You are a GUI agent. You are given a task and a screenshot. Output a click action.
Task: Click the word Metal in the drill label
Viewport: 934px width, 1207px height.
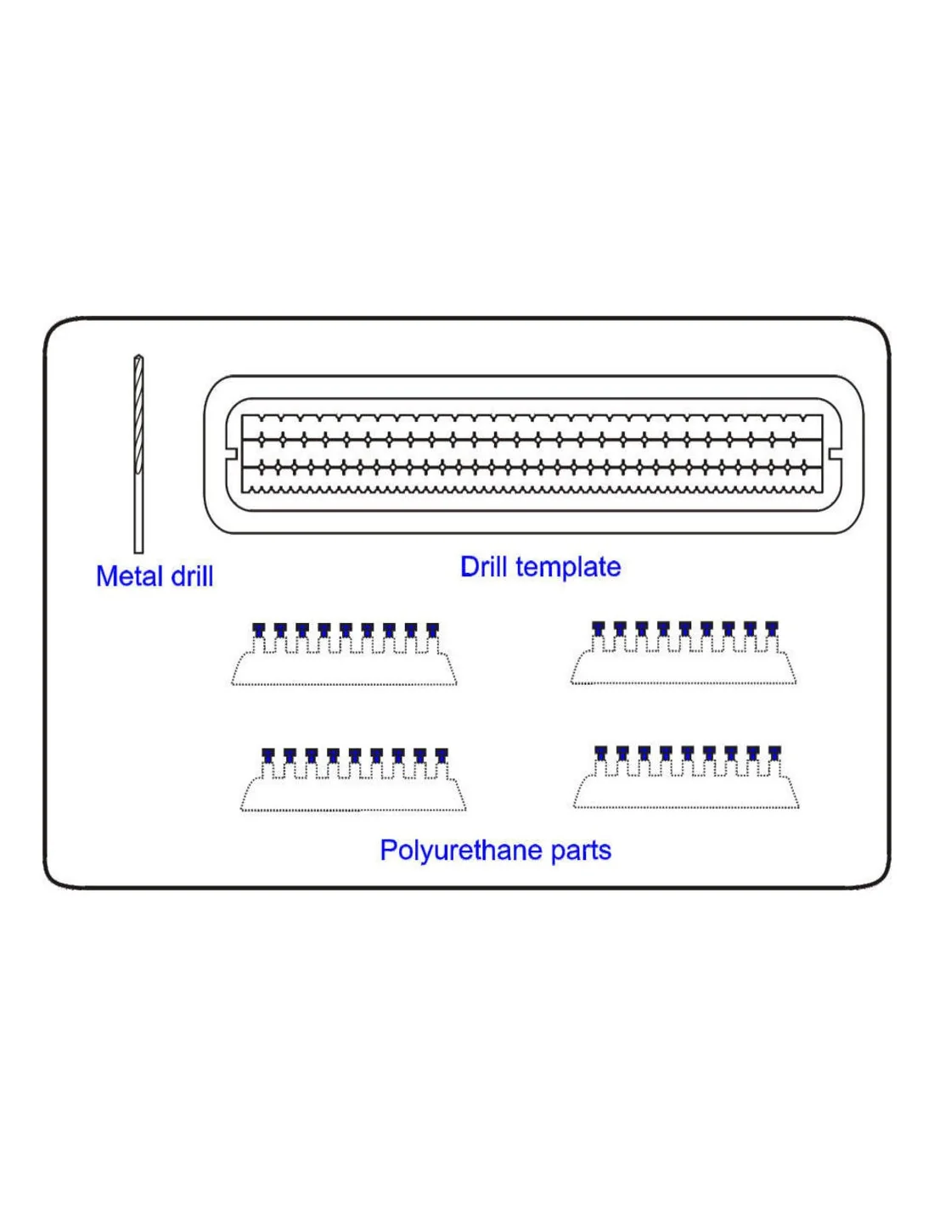[x=130, y=576]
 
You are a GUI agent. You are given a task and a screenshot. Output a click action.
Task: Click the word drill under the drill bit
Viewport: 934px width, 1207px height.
[x=192, y=576]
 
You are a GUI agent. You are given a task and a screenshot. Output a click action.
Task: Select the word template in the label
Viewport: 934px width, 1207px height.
[x=568, y=568]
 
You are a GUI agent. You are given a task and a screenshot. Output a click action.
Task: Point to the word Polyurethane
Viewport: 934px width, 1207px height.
[x=460, y=851]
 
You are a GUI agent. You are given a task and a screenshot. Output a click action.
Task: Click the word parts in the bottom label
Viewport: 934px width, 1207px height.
[x=581, y=851]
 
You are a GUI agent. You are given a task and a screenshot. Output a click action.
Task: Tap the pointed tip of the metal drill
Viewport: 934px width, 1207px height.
[x=138, y=356]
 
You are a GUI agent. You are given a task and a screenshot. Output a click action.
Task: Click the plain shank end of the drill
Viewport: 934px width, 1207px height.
[x=138, y=551]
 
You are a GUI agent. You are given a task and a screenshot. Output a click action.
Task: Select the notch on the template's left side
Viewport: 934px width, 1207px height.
[x=233, y=454]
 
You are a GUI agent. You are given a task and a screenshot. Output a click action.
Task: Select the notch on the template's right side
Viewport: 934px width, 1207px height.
[x=835, y=454]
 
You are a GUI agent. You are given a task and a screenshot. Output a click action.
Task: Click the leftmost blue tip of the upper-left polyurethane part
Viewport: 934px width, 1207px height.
[x=259, y=630]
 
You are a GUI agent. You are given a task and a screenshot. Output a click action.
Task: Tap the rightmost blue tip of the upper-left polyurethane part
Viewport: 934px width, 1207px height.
[x=432, y=630]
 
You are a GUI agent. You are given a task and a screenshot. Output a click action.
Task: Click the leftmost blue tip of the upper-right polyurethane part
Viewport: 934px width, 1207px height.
[x=599, y=628]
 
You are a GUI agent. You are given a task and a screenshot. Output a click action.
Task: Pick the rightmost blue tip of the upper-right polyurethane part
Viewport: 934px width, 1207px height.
[x=771, y=628]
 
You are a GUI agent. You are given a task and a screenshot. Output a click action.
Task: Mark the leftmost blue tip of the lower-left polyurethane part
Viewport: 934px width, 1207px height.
[x=267, y=755]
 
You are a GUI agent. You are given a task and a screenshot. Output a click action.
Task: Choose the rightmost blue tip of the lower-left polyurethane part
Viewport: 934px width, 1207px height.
[x=442, y=755]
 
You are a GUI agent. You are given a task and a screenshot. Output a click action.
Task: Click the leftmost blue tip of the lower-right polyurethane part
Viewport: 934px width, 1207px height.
[x=601, y=753]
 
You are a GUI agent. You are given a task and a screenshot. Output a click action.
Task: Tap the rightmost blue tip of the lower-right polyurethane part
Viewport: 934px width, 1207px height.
[x=774, y=753]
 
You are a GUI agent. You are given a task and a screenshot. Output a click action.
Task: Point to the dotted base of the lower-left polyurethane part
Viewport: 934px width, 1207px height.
[x=353, y=811]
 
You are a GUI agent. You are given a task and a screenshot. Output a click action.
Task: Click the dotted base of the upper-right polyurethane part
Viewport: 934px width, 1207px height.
[x=684, y=683]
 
